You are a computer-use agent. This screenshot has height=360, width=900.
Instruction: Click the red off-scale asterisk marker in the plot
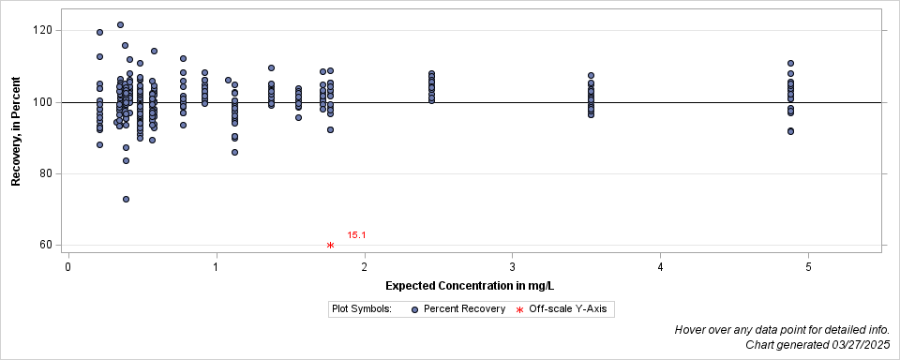pos(330,246)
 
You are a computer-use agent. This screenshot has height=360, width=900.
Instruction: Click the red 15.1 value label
pos(356,235)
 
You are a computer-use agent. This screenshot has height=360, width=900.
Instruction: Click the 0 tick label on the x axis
pos(68,267)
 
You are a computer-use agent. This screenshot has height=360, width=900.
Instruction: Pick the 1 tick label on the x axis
pos(217,267)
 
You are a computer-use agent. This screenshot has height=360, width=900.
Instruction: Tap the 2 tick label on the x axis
pos(365,267)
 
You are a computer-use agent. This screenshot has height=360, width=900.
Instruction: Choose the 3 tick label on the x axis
pos(513,267)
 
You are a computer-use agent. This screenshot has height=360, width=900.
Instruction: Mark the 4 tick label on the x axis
pos(661,267)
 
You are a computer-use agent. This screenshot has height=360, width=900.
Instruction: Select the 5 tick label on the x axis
pos(809,267)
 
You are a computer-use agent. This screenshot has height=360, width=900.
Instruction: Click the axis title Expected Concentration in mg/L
pos(463,285)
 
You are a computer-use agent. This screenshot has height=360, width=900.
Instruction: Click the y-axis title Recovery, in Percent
pos(16,132)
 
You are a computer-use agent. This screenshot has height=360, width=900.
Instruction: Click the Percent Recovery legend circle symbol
pos(414,309)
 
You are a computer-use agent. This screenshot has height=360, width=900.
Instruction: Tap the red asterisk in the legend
pos(519,309)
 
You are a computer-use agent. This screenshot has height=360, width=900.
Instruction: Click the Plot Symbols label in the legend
pos(361,308)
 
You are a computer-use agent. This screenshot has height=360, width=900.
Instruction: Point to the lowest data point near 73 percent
pos(126,199)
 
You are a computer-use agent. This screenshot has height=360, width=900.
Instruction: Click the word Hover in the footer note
pos(692,330)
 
